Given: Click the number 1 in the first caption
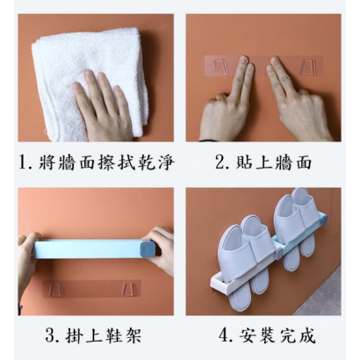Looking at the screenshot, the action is [23, 162].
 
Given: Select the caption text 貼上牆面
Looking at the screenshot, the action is [273, 162].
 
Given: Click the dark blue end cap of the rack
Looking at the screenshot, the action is [149, 249].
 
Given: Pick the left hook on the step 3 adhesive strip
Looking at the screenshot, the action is [55, 290].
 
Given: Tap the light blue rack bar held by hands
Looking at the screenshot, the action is [88, 249].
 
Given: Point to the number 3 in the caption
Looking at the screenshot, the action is [50, 335].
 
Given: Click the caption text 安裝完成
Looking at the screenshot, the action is [277, 335].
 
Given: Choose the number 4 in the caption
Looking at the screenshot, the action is [224, 335].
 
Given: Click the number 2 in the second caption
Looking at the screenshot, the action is [220, 162].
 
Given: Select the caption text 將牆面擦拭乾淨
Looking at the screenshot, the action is [106, 162].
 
